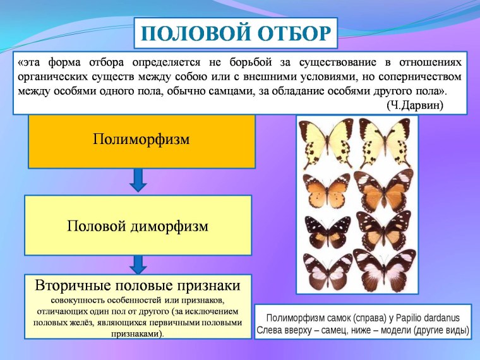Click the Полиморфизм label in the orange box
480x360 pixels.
click(141, 138)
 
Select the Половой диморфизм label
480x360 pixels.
click(138, 225)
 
